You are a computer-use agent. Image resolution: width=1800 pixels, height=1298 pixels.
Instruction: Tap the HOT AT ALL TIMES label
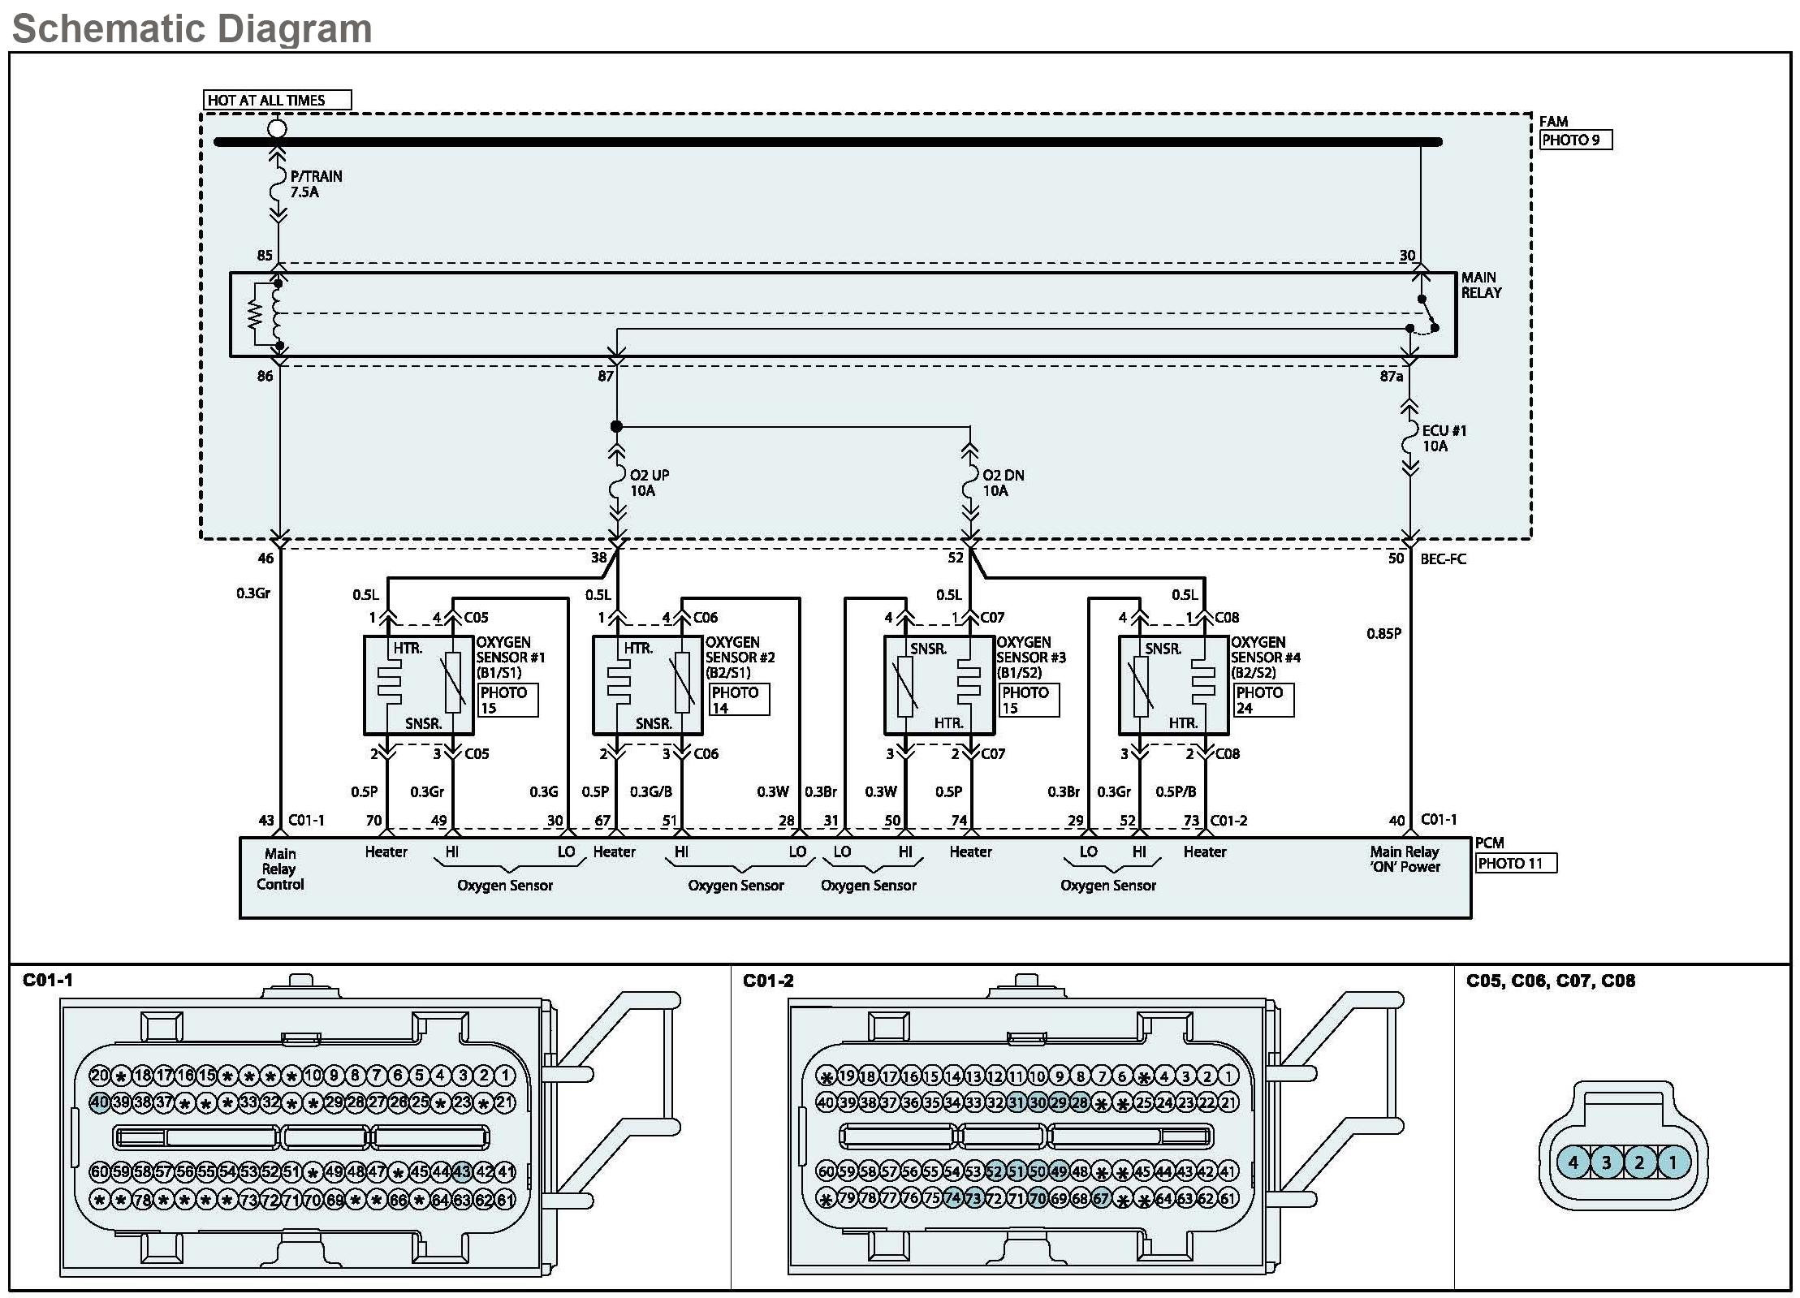266,101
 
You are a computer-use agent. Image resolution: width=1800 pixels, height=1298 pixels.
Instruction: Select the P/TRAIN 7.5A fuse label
316,184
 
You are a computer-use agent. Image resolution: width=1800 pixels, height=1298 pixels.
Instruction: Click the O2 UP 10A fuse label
650,483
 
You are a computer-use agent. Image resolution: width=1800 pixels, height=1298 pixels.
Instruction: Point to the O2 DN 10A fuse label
1004,483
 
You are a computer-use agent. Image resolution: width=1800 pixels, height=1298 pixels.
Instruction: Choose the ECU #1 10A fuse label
1444,438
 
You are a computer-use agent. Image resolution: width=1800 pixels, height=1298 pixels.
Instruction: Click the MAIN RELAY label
1482,285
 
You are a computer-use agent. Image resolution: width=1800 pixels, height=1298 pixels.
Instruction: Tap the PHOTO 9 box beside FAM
1576,140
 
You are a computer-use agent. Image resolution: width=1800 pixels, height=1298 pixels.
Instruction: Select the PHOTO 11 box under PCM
1516,863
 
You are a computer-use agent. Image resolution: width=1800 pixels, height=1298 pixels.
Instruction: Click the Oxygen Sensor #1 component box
418,685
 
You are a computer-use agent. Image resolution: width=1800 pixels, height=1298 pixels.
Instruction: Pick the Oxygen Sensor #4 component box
1173,685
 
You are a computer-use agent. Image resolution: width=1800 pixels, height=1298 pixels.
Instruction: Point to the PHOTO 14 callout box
740,700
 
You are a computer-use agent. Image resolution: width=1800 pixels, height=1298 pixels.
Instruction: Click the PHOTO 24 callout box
1263,700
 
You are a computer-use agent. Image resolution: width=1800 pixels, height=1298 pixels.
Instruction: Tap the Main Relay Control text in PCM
280,869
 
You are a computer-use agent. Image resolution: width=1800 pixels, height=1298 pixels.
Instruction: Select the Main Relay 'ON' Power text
1405,859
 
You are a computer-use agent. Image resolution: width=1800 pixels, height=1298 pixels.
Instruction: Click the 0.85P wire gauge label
1383,633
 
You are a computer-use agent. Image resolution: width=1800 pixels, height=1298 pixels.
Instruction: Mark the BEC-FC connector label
1443,559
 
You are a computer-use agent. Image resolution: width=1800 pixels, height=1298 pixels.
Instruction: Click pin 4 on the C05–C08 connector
1573,1162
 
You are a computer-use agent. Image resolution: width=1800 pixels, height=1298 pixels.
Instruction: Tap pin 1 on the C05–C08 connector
1673,1162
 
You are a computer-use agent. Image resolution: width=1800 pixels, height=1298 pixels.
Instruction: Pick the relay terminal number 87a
1392,377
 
